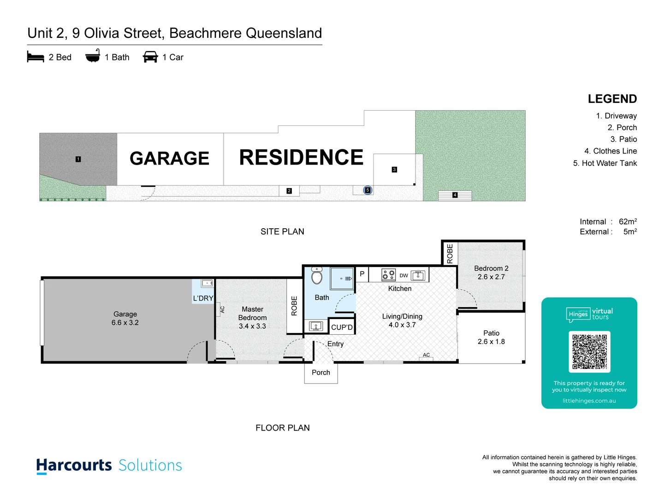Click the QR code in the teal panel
589,351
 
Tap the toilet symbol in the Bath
317,276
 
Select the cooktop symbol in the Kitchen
388,275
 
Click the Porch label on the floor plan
321,373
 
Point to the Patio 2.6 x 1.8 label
491,338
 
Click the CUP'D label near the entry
342,327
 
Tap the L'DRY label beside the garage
203,298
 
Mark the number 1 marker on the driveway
78,159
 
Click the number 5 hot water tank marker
368,190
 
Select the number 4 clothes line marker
455,195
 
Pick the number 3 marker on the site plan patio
394,170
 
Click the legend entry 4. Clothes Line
611,151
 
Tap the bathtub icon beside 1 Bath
93,56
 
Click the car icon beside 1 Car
150,57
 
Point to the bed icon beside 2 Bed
36,57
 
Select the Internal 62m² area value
628,222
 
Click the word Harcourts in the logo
74,465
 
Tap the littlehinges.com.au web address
589,401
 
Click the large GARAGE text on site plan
169,159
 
